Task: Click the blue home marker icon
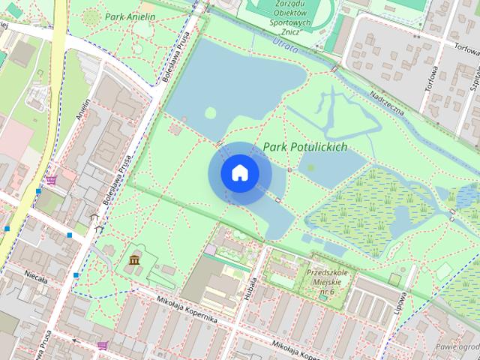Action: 239,173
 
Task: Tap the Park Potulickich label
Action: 305,147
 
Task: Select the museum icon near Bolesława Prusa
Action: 134,259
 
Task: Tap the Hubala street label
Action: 248,285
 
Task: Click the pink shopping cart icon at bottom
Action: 102,345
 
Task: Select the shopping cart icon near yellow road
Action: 50,180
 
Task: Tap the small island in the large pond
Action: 211,112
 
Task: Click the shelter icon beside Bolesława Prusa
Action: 94,218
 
